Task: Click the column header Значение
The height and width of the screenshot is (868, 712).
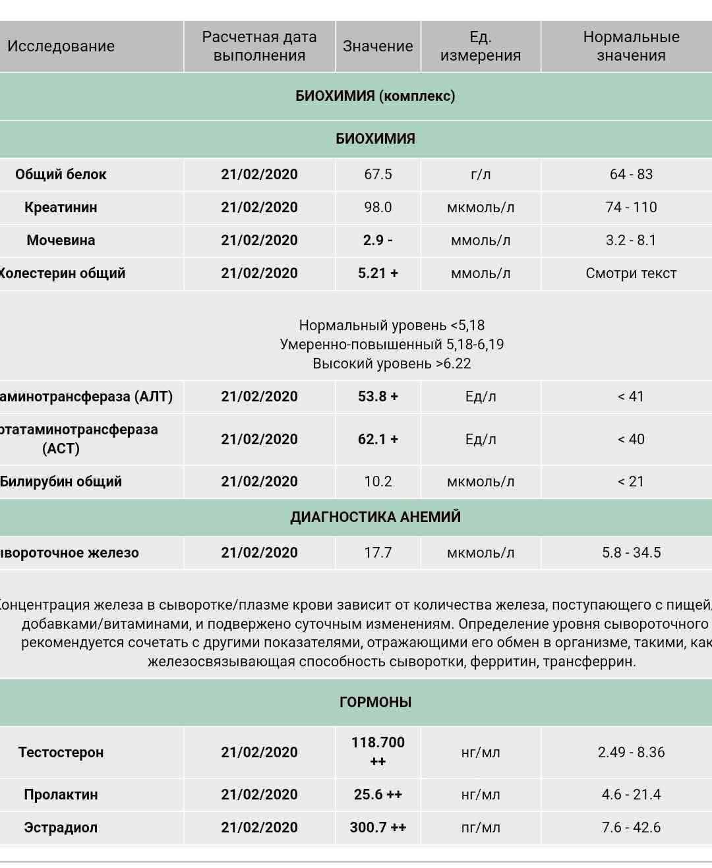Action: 378,46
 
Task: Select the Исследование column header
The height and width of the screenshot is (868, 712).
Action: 61,46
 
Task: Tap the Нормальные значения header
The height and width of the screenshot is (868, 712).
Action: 631,46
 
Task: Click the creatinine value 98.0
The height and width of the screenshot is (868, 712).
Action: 378,208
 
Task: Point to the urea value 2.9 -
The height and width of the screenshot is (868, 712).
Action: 378,241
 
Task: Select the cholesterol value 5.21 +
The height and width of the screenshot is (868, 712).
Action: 378,274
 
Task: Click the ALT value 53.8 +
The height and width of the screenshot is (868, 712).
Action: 378,397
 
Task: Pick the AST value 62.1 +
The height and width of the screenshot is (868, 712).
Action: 378,440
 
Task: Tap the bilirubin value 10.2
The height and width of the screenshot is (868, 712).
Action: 378,482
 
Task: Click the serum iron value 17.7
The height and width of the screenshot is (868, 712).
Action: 378,553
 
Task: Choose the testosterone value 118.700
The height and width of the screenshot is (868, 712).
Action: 378,743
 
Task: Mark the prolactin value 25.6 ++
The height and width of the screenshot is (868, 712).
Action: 378,795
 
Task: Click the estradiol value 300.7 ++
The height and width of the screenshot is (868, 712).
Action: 378,828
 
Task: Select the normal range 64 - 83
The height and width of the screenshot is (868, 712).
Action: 631,175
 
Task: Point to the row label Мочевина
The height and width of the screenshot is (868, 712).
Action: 61,241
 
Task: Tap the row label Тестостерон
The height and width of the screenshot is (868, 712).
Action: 61,753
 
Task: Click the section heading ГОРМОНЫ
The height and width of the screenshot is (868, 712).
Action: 375,703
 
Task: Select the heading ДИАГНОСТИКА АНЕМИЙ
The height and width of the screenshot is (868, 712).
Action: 375,517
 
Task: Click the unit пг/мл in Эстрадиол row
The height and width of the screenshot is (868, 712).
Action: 481,828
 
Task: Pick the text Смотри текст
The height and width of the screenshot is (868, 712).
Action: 631,274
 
